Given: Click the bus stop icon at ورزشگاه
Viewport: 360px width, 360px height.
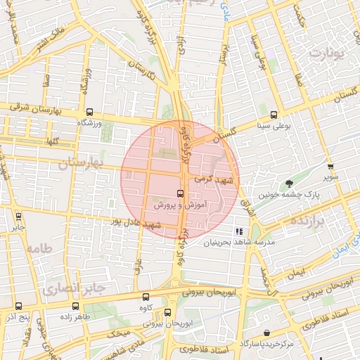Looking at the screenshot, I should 89,112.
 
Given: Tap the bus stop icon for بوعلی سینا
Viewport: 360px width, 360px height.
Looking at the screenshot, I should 274,115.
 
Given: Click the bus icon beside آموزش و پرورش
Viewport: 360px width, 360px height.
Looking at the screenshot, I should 180,193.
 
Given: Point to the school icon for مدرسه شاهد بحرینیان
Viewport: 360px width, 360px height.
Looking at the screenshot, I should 239,231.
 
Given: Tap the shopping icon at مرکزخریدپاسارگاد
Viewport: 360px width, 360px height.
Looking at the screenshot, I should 266,333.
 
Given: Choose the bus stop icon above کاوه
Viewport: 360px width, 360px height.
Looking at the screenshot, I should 146,297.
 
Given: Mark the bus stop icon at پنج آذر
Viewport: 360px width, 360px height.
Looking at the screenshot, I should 18,307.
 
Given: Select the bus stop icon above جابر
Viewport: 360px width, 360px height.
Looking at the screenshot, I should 17,217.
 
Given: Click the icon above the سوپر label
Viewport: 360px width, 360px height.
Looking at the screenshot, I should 330,167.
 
